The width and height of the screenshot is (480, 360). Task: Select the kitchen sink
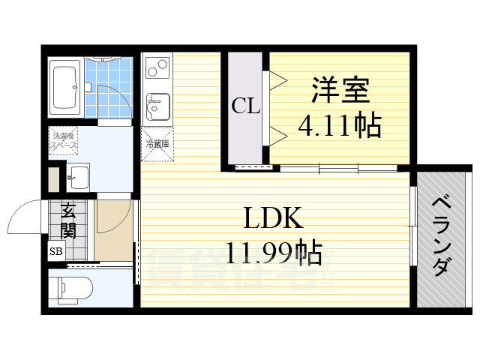click(157, 106)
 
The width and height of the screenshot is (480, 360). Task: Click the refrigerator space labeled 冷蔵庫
click(157, 143)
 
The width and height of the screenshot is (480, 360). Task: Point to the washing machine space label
click(63, 141)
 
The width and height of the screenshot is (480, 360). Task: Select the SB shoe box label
click(56, 252)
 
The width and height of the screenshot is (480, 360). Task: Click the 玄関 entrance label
click(68, 220)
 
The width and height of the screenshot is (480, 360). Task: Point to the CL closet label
click(245, 106)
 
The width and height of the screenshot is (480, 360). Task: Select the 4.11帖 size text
click(340, 124)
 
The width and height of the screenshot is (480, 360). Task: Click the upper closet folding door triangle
click(274, 78)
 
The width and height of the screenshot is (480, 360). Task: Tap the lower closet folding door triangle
click(274, 135)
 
